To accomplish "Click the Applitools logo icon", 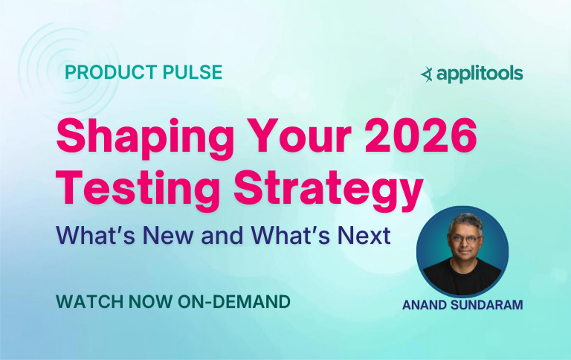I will tap(427, 74).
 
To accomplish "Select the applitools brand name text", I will tap(480, 74).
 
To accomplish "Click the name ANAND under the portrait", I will tap(428, 304).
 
